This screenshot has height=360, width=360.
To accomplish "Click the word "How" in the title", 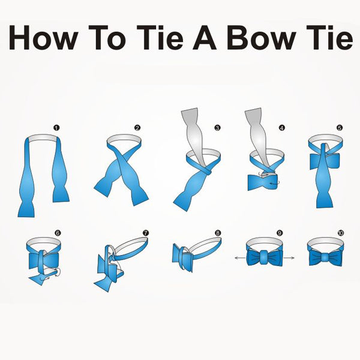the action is (x=43, y=38).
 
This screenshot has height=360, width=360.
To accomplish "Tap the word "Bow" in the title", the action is (x=261, y=38).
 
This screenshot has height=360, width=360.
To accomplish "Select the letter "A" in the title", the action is (x=205, y=38).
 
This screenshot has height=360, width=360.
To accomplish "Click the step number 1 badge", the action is (x=56, y=128).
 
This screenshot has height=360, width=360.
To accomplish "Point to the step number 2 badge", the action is (x=137, y=128).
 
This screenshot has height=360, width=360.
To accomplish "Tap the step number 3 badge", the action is (x=217, y=128).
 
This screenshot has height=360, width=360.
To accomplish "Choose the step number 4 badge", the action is (x=282, y=128).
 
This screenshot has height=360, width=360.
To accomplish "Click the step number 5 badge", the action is (x=340, y=128).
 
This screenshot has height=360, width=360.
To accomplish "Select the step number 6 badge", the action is (x=58, y=233).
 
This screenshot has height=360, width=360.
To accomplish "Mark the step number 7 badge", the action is (x=146, y=233).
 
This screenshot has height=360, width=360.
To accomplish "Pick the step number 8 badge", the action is (x=218, y=233).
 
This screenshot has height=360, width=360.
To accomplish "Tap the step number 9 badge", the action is (x=280, y=233).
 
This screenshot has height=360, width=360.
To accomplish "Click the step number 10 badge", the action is (x=341, y=233).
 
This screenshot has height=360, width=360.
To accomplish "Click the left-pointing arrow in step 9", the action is (x=240, y=258).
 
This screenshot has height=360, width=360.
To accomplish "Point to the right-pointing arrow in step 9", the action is (x=289, y=258).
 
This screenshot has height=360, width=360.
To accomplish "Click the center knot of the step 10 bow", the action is (x=325, y=257).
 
